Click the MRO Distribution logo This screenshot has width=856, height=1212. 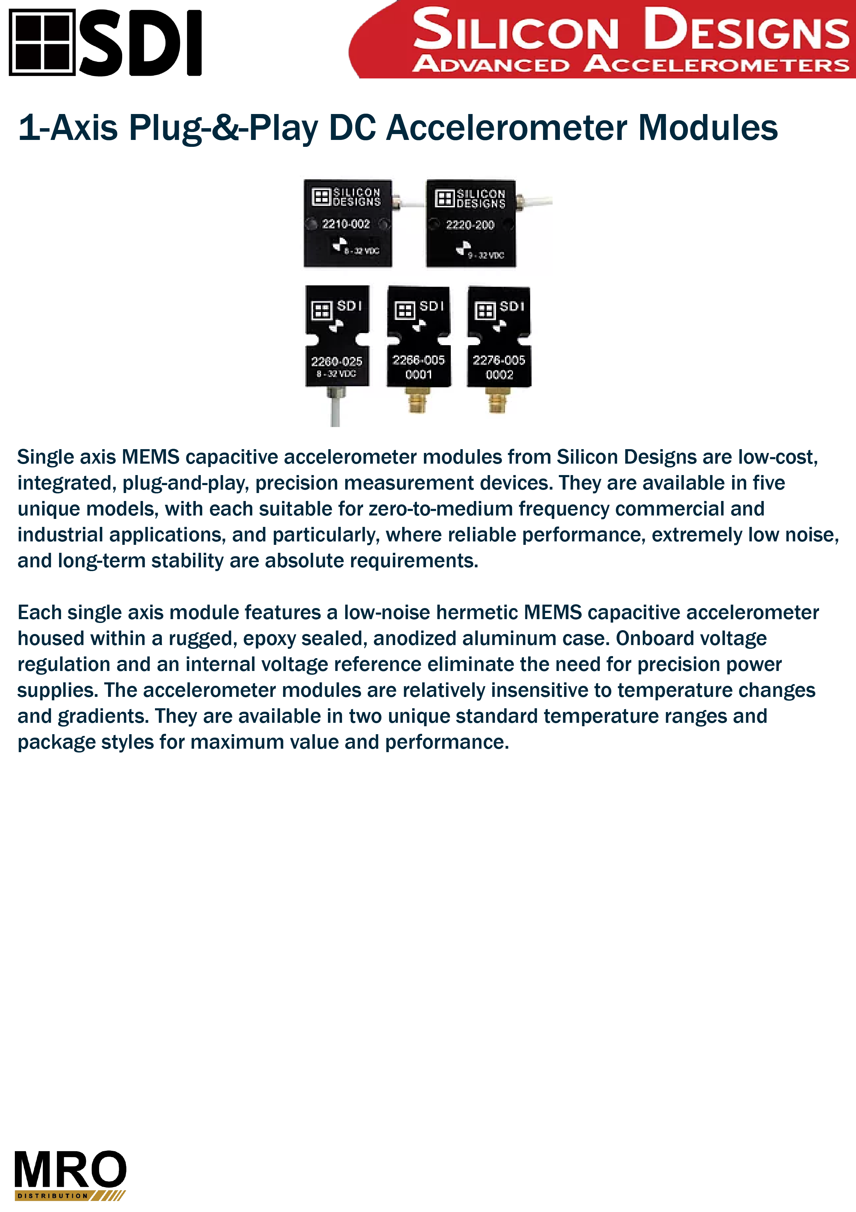(70, 1175)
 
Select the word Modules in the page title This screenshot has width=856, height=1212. (708, 128)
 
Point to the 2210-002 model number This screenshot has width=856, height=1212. (346, 224)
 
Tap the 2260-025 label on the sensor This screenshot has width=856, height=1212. (337, 362)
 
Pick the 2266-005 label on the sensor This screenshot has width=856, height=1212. (418, 360)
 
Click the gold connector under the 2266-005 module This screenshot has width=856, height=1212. (418, 400)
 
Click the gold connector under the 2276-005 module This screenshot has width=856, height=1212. (497, 400)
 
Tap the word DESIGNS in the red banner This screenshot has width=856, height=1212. (746, 30)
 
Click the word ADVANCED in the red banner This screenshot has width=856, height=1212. (492, 64)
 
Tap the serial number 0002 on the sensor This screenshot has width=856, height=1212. (499, 375)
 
